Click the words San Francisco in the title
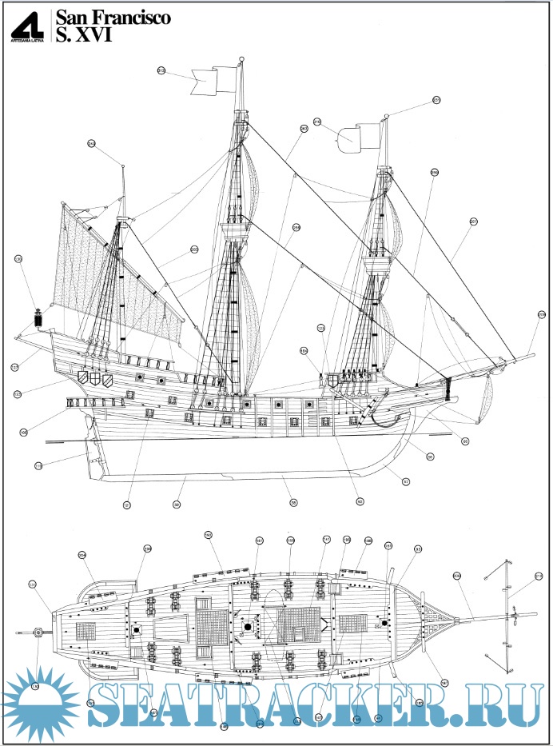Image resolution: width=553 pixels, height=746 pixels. pyautogui.click(x=111, y=18)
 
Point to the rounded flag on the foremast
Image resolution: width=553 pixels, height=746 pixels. pyautogui.click(x=352, y=137)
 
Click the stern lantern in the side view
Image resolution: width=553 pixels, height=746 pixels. pyautogui.click(x=37, y=317)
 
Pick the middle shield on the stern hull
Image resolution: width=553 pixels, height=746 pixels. pyautogui.click(x=95, y=377)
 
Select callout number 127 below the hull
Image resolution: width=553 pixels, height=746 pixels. pyautogui.click(x=126, y=505)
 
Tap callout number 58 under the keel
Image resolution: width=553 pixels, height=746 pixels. pyautogui.click(x=293, y=502)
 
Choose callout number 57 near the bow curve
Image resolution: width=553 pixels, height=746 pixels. pyautogui.click(x=405, y=481)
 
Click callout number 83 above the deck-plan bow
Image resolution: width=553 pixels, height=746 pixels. pyautogui.click(x=417, y=549)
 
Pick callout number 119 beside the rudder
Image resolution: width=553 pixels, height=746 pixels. pyautogui.click(x=38, y=465)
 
